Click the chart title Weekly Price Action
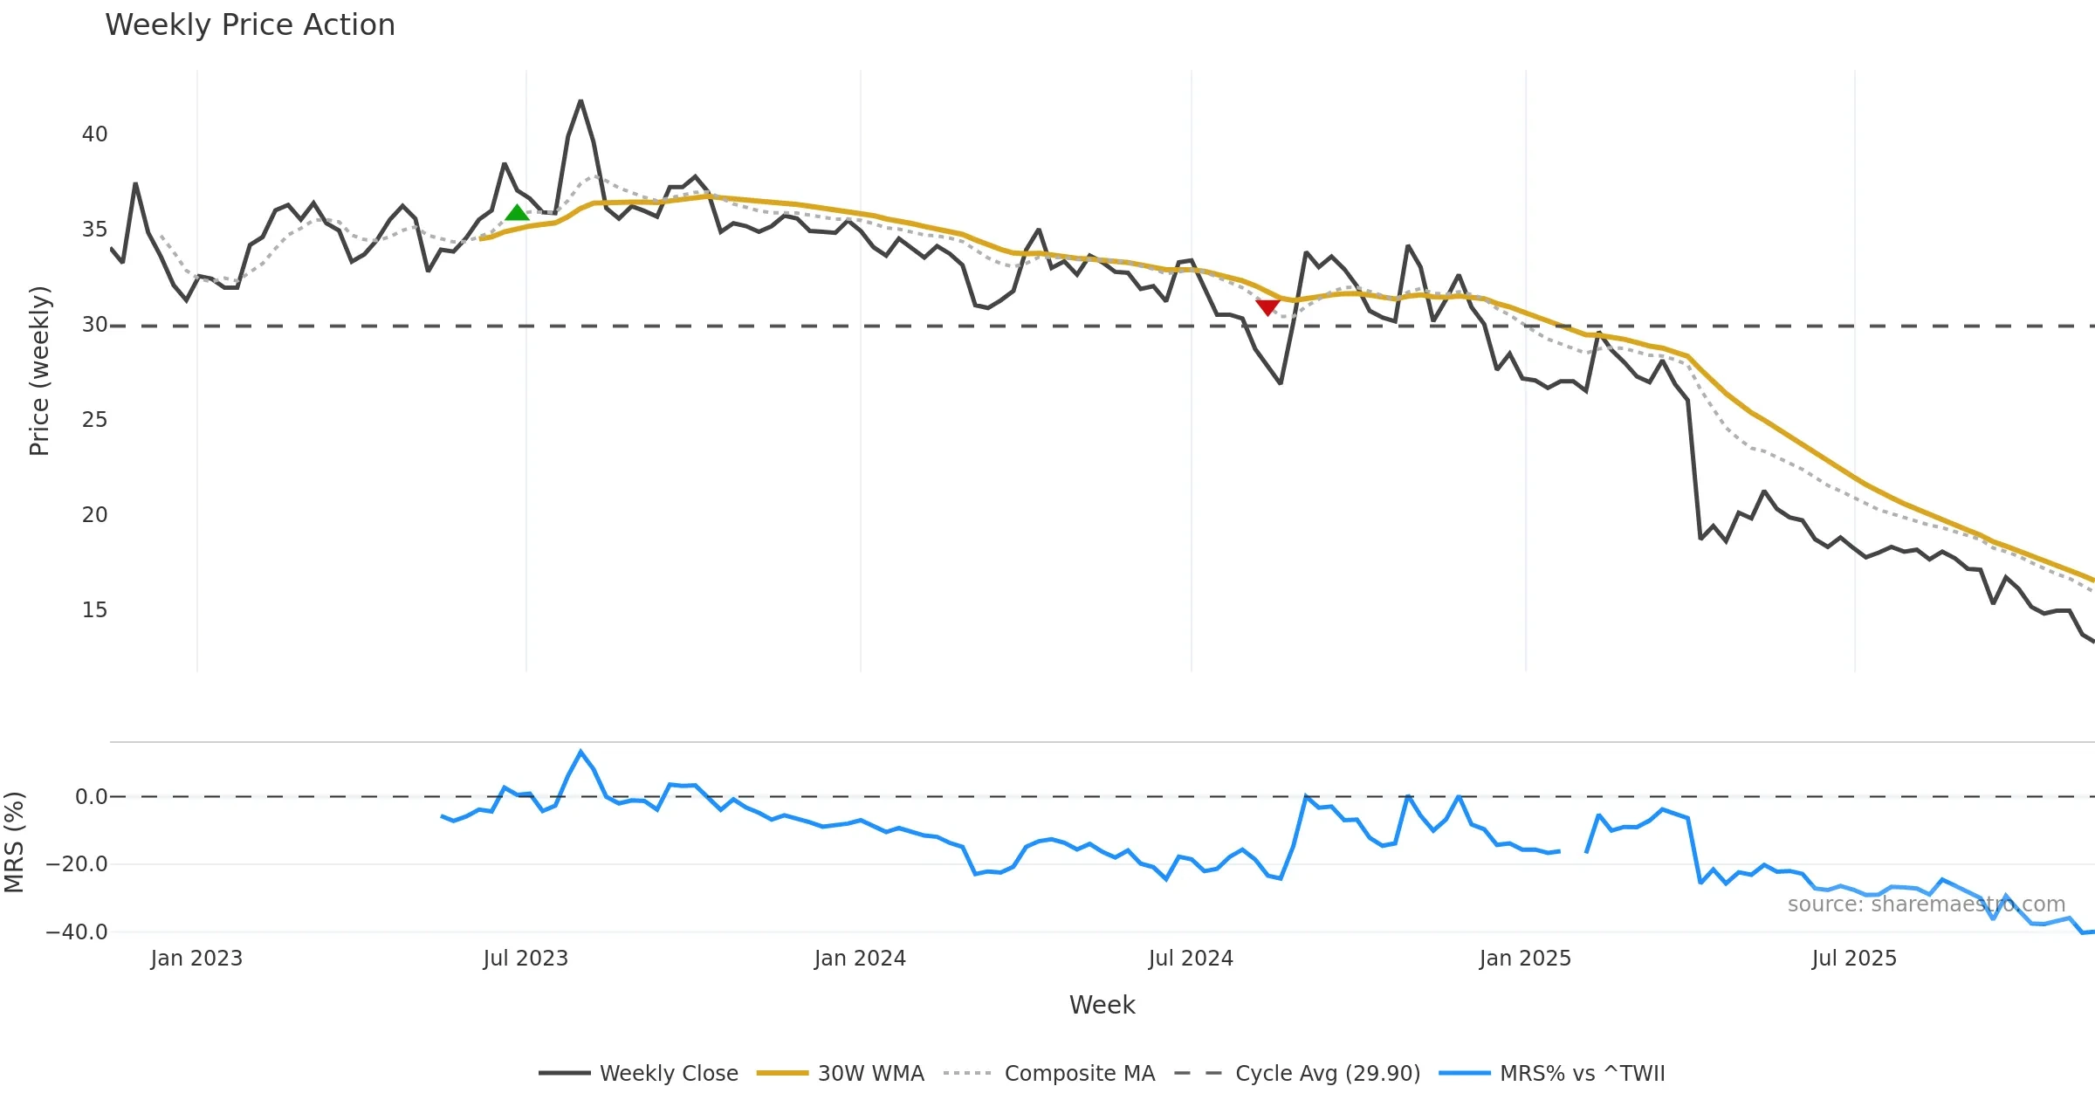pyautogui.click(x=250, y=25)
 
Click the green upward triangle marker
pyautogui.click(x=517, y=213)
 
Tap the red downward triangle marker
pyautogui.click(x=1267, y=306)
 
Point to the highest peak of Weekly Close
pyautogui.click(x=580, y=101)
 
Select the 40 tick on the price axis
pyautogui.click(x=94, y=134)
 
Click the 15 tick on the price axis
pyautogui.click(x=94, y=610)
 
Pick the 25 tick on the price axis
pyautogui.click(x=94, y=420)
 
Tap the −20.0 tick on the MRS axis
pyautogui.click(x=77, y=864)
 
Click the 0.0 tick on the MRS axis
pyautogui.click(x=91, y=796)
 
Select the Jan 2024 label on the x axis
pyautogui.click(x=860, y=959)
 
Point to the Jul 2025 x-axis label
pyautogui.click(x=1854, y=959)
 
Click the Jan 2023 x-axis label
pyautogui.click(x=196, y=959)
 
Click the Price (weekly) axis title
pyautogui.click(x=39, y=371)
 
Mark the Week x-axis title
pyautogui.click(x=1102, y=1005)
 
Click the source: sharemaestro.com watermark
pyautogui.click(x=1926, y=904)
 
